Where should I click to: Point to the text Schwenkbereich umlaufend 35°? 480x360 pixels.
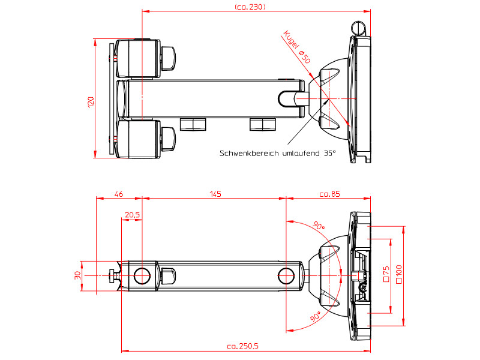[x=278, y=154]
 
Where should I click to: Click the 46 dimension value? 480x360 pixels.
[x=119, y=194]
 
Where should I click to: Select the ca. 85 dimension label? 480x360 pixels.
[x=329, y=194]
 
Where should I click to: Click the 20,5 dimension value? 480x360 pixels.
[x=132, y=214]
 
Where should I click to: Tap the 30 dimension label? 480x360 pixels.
[x=77, y=276]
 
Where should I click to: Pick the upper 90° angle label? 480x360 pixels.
[x=318, y=227]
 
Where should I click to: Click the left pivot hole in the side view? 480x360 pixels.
[x=142, y=276]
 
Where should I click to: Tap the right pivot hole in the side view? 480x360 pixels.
[x=286, y=276]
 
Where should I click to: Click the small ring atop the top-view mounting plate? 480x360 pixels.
[x=358, y=28]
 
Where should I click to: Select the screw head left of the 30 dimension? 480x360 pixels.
[x=113, y=276]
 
